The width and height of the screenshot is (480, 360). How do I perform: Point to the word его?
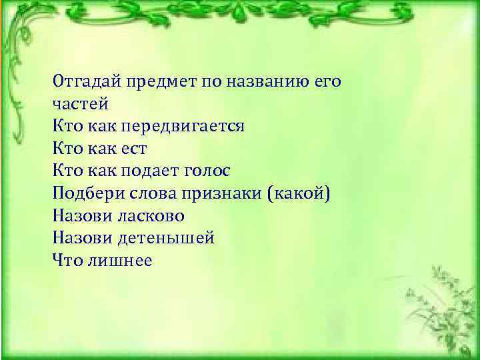tap(326, 83)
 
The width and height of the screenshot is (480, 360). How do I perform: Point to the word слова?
tap(143, 194)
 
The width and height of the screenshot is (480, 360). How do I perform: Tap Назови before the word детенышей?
tap(80, 238)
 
